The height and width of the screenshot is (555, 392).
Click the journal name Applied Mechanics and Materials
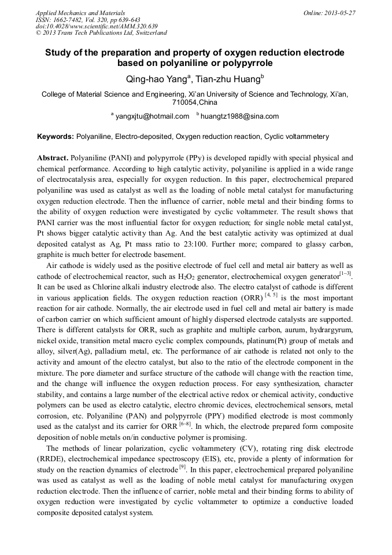point(80,13)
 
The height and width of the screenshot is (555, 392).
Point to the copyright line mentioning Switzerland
point(101,33)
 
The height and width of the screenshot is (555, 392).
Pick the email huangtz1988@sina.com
point(239,116)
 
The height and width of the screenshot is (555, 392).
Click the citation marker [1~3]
point(346,274)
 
